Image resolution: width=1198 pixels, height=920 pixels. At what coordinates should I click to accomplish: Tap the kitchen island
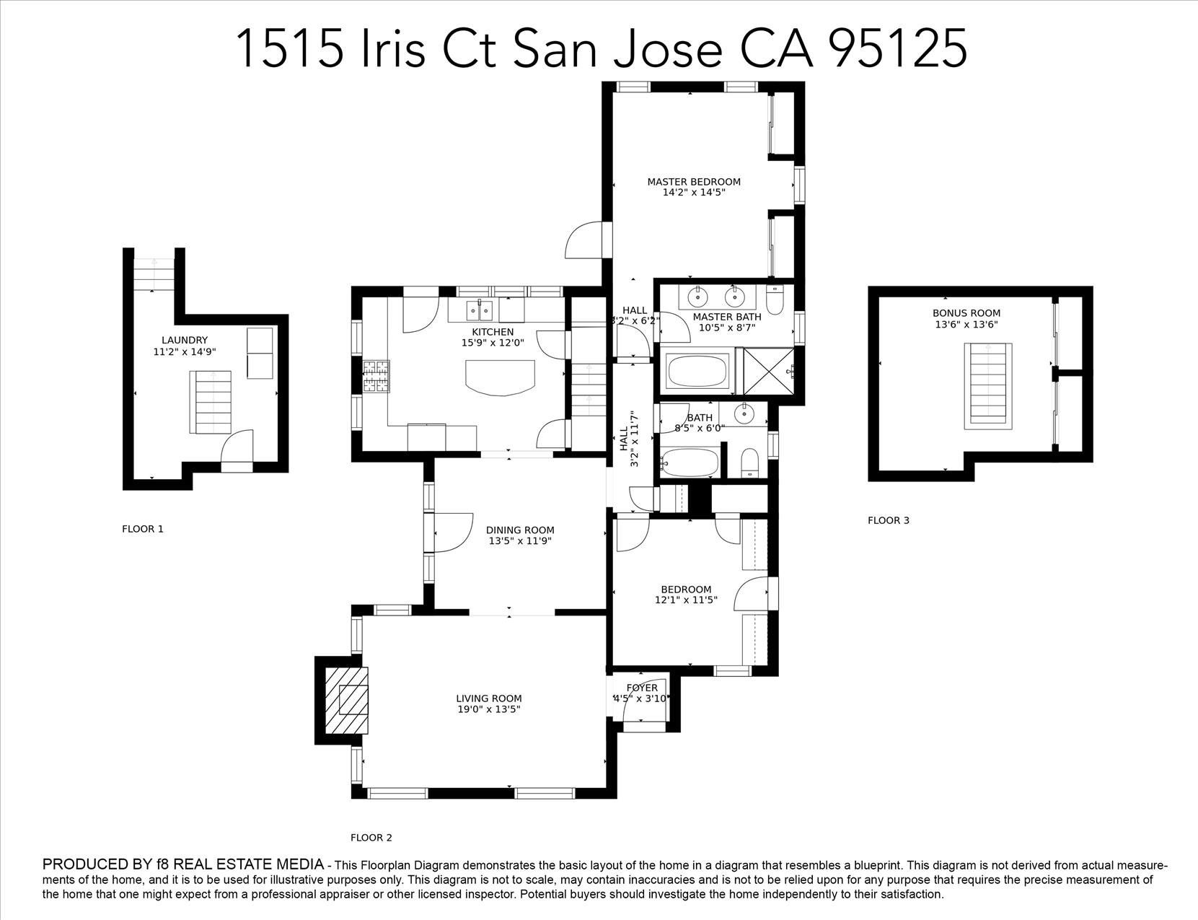(x=501, y=377)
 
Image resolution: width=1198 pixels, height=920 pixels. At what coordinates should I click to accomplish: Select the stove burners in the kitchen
(x=375, y=376)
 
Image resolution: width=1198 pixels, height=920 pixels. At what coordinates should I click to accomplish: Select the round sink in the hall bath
(x=742, y=414)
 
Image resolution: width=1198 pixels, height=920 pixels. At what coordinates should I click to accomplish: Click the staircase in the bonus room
(x=987, y=385)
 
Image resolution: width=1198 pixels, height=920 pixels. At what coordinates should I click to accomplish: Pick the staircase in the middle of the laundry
(x=211, y=402)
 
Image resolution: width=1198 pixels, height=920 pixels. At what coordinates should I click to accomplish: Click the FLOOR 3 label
(x=889, y=520)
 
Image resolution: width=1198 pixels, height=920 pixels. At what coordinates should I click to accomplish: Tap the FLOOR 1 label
(x=143, y=529)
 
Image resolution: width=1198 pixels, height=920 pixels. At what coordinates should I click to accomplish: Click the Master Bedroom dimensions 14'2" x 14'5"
(x=694, y=193)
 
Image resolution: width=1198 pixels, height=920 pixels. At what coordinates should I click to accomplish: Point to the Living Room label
(x=488, y=698)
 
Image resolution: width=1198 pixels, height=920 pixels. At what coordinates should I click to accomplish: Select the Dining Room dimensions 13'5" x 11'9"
(x=520, y=540)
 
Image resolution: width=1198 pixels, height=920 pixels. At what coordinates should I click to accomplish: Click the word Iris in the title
(x=392, y=49)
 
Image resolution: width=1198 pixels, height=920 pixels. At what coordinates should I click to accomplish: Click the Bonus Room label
(x=966, y=313)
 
